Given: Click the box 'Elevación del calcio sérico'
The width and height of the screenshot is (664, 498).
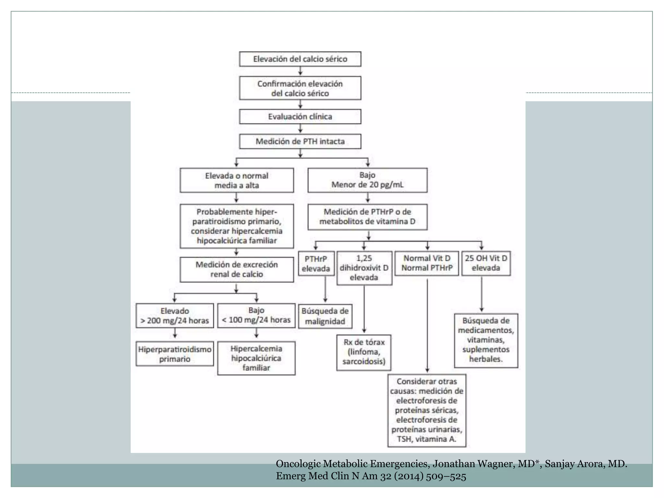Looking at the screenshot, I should pyautogui.click(x=300, y=59).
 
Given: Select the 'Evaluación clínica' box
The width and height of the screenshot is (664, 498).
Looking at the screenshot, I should pyautogui.click(x=300, y=116).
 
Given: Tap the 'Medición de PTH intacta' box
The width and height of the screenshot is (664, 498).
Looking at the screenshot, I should pyautogui.click(x=300, y=141).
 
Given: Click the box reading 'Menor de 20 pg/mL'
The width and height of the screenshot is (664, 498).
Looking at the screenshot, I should pyautogui.click(x=367, y=180).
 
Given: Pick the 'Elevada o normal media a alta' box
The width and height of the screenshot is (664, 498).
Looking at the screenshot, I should pyautogui.click(x=237, y=180).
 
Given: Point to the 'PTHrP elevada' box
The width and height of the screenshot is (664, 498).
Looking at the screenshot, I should pyautogui.click(x=316, y=264).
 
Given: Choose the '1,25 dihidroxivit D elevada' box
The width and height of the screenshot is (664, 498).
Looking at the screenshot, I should pyautogui.click(x=364, y=268).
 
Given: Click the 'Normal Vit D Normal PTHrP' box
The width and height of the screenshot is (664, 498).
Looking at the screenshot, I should pyautogui.click(x=427, y=263).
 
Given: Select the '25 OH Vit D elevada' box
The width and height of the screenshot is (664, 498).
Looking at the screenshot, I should pyautogui.click(x=486, y=263).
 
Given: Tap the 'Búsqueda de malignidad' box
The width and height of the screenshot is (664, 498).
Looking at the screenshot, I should pyautogui.click(x=325, y=316).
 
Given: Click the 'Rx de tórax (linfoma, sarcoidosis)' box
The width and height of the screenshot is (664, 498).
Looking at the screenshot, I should pyautogui.click(x=364, y=352).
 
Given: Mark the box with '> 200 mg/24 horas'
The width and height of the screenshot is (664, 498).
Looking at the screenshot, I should pyautogui.click(x=175, y=316).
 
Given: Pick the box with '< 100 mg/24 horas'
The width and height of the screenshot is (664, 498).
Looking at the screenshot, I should pyautogui.click(x=256, y=316).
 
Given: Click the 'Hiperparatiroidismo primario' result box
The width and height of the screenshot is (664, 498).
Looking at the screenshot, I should pyautogui.click(x=175, y=354).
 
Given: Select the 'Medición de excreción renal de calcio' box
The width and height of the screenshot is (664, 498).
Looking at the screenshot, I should pyautogui.click(x=237, y=269).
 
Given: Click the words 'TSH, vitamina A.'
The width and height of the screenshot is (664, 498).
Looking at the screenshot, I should pyautogui.click(x=427, y=439).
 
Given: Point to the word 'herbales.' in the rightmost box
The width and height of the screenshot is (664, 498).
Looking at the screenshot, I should pyautogui.click(x=486, y=359).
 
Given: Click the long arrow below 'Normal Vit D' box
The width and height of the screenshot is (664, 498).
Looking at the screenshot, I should pyautogui.click(x=427, y=324).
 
